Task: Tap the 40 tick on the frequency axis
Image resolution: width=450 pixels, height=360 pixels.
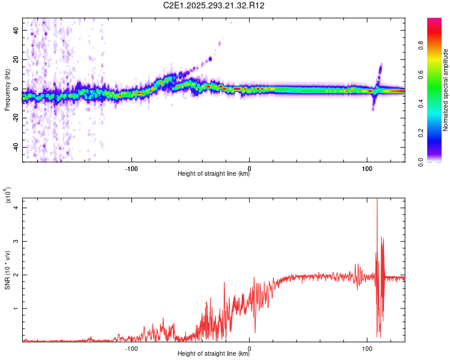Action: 16,30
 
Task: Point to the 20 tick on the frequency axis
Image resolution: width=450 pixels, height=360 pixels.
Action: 16,59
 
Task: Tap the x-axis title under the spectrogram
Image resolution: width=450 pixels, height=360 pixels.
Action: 214,174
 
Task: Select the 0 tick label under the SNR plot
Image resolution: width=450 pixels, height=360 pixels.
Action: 250,347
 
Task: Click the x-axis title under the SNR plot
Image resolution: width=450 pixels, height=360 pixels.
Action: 214,354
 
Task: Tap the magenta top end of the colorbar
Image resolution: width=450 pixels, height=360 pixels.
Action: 434,21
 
